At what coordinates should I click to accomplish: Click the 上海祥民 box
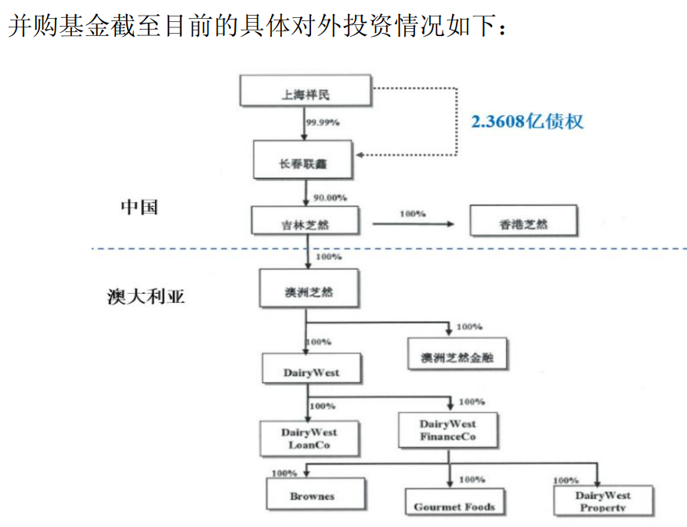tap(305, 92)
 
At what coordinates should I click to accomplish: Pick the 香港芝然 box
tap(523, 222)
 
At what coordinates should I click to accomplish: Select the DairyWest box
tap(311, 370)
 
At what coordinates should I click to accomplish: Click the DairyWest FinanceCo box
tap(447, 430)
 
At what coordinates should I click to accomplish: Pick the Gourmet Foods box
tap(454, 505)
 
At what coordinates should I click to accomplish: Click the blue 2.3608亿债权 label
tap(526, 121)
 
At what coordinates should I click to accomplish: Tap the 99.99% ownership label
tap(323, 122)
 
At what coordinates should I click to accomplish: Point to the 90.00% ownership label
tap(329, 197)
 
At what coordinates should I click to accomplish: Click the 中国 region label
tap(139, 207)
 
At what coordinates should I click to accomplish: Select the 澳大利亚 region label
tap(146, 297)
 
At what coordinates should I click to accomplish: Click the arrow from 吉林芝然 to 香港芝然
tap(413, 224)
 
